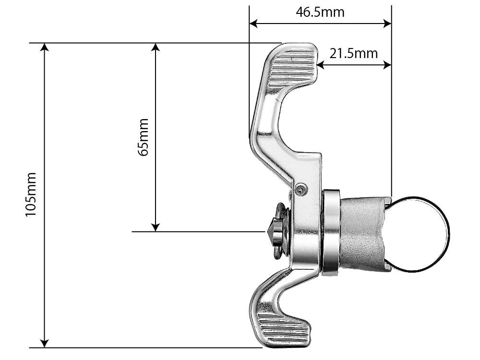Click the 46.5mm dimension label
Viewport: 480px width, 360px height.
[x=320, y=12]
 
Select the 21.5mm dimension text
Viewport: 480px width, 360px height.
[x=353, y=53]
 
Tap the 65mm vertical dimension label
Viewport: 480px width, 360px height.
[x=143, y=137]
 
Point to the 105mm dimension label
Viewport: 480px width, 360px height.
[x=31, y=194]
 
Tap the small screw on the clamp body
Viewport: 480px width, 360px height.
[x=300, y=190]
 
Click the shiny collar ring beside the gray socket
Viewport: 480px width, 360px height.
[x=331, y=233]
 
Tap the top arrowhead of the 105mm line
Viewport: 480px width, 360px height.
[x=45, y=47]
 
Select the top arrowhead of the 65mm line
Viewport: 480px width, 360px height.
[x=155, y=47]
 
